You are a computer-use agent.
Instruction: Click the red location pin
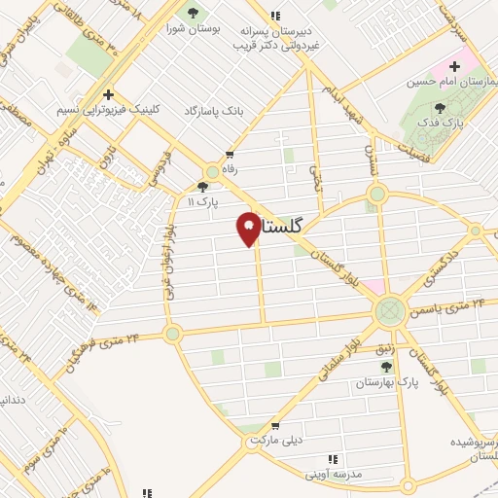tap(249, 227)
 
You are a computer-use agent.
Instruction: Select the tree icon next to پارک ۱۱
tap(202, 187)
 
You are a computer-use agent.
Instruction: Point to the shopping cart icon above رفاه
tap(230, 153)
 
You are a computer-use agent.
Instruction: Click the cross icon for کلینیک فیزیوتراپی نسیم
tap(108, 95)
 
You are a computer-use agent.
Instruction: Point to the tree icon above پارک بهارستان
tap(387, 366)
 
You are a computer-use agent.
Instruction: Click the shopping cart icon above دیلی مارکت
tap(276, 424)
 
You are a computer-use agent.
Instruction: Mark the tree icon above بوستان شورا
tap(193, 13)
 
